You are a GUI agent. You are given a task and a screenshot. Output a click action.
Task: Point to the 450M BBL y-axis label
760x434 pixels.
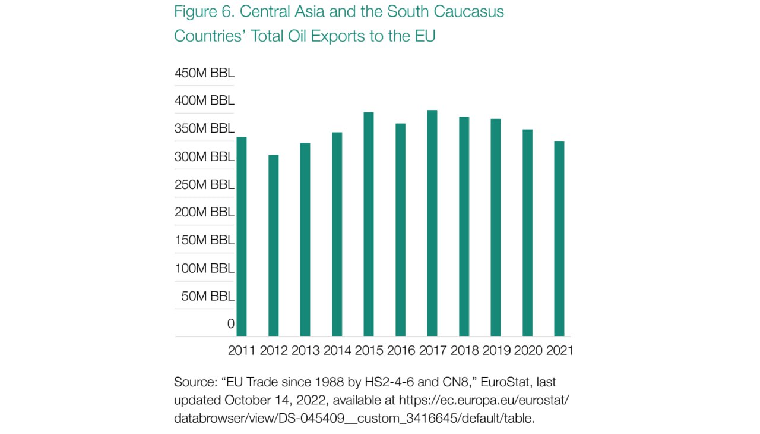pyautogui.click(x=204, y=73)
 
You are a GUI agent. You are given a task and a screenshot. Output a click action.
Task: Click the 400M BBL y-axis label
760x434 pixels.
pyautogui.click(x=204, y=100)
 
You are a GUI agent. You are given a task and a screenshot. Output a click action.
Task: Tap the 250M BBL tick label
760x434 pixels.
pyautogui.click(x=204, y=184)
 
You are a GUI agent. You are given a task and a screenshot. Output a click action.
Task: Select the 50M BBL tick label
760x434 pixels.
pyautogui.click(x=208, y=296)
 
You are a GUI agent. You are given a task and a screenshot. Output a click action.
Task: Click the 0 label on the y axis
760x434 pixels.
pyautogui.click(x=230, y=324)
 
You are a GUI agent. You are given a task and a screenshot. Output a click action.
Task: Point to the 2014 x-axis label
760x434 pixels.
pyautogui.click(x=337, y=350)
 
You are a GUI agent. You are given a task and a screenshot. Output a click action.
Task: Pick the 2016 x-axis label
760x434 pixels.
pyautogui.click(x=400, y=350)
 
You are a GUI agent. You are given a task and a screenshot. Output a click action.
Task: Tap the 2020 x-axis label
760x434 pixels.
pyautogui.click(x=527, y=350)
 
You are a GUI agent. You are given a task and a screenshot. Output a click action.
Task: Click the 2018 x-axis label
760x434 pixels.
pyautogui.click(x=464, y=350)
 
